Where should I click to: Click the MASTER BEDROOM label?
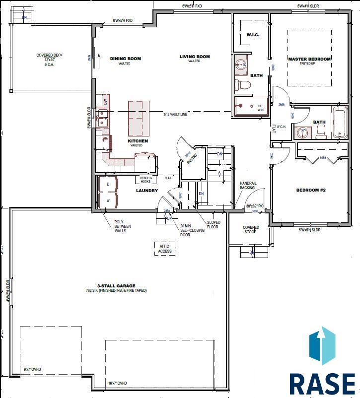coord(309,59)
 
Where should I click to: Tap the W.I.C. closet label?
coord(250,35)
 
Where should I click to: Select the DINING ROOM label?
coord(125,59)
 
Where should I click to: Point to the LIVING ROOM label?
coord(195,57)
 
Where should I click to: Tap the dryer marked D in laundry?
coord(108,184)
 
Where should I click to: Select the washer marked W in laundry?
coord(108,200)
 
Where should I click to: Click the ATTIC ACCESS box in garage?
coord(165,249)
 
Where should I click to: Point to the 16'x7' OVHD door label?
coord(117,383)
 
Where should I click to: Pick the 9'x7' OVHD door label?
coord(34,369)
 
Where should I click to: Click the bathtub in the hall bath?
coord(340,122)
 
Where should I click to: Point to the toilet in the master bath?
coord(243,84)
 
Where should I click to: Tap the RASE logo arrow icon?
coord(322,345)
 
